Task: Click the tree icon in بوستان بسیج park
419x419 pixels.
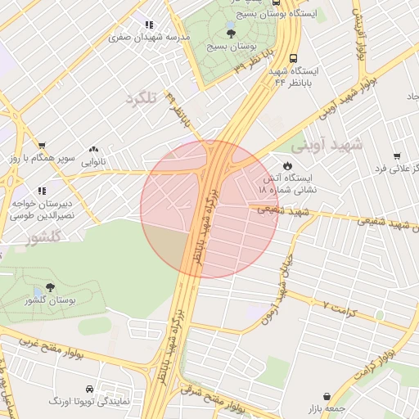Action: (x=232, y=34)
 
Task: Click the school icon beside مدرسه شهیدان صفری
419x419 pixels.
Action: (x=148, y=25)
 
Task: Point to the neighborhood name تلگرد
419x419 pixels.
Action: (x=141, y=99)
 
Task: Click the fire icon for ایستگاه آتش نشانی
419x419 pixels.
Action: (x=286, y=165)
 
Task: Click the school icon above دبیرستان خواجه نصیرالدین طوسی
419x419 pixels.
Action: (x=42, y=191)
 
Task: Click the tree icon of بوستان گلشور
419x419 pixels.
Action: (x=51, y=287)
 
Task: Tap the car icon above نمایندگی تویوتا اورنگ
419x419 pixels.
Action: (x=88, y=388)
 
